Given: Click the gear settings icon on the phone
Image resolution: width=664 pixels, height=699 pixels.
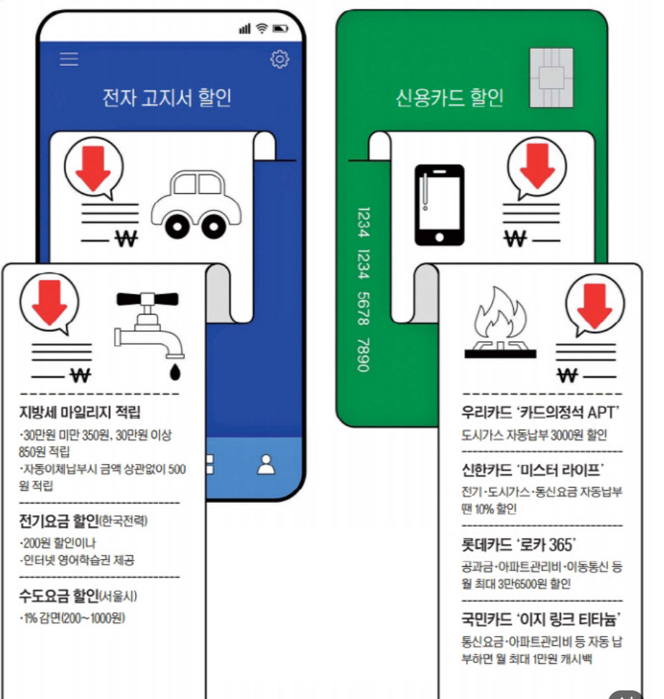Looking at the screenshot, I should click(280, 60).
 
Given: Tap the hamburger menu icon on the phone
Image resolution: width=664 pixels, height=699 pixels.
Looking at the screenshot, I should click(69, 59).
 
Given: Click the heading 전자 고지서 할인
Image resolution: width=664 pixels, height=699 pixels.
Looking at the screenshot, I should click(167, 98).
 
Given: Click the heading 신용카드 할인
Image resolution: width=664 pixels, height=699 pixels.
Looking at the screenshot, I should click(450, 98).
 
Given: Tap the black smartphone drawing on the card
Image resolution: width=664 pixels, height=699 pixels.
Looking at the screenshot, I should click(439, 205).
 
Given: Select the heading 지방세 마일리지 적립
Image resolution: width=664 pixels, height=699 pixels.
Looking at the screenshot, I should click(80, 412).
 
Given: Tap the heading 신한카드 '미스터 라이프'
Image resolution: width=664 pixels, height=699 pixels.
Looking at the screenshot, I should click(532, 471).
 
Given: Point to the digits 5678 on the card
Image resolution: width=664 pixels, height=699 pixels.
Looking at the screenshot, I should click(363, 308).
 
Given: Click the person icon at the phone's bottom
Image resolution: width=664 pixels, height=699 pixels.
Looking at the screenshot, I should click(267, 465).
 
